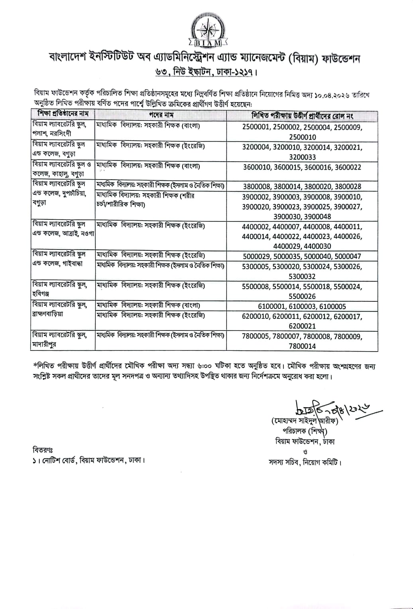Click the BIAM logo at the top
(x=206, y=29)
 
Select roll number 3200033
(x=302, y=157)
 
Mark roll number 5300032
(x=302, y=276)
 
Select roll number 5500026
(x=302, y=296)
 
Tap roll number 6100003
(x=302, y=306)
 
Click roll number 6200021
(x=302, y=326)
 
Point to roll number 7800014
(x=302, y=346)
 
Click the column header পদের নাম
(x=161, y=115)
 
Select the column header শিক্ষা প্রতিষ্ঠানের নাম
(x=63, y=114)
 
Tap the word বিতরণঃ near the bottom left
(x=43, y=450)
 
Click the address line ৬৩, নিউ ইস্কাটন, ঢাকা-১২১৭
(x=206, y=73)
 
